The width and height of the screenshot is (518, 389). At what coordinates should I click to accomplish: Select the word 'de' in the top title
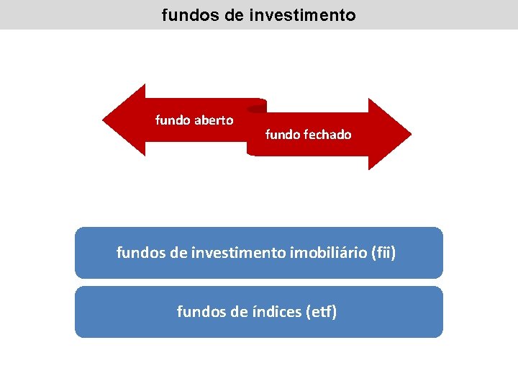click(234, 14)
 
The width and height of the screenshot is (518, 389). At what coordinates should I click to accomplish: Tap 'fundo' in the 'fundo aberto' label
click(173, 120)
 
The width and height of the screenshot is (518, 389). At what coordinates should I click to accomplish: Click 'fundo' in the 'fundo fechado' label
click(282, 134)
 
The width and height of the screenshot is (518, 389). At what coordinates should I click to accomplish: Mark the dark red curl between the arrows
click(256, 108)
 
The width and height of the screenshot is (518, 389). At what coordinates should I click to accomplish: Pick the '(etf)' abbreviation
click(321, 312)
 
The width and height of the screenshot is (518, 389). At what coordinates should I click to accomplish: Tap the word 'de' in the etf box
click(236, 312)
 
